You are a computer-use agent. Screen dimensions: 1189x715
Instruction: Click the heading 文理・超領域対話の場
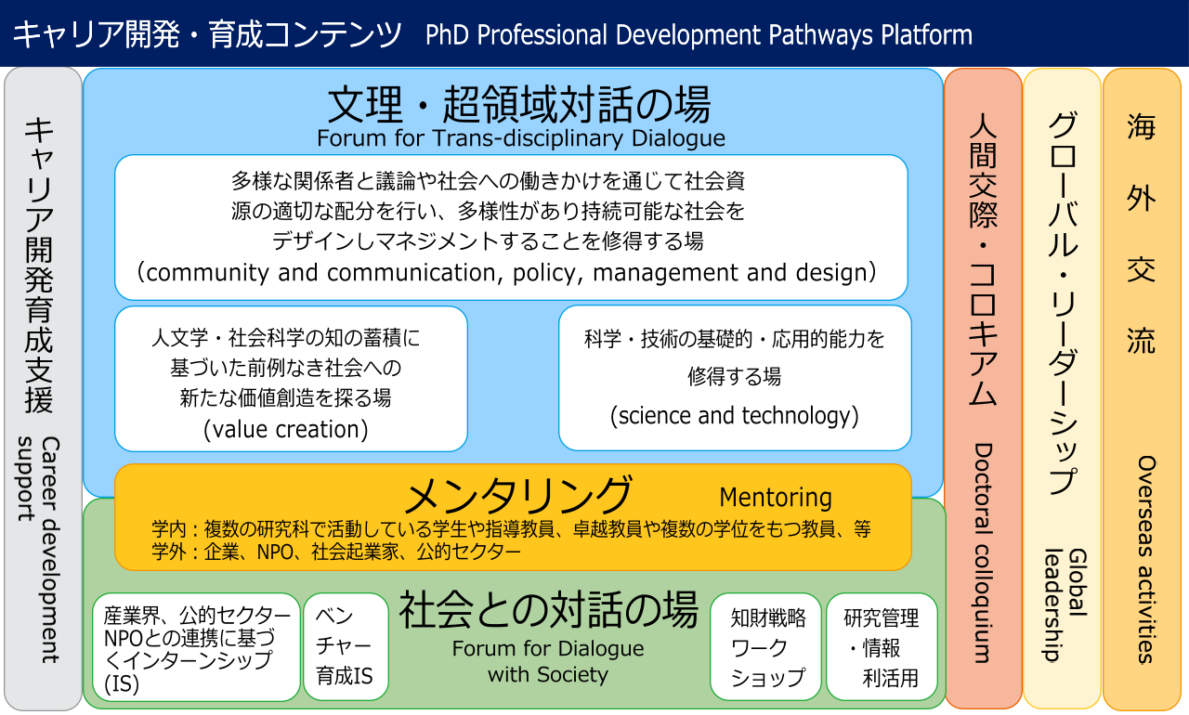[519, 105]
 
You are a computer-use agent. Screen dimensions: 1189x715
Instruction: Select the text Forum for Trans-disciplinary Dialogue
[521, 138]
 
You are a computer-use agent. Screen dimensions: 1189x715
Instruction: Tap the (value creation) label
[285, 429]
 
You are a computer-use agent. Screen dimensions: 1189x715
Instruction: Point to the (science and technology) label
[734, 415]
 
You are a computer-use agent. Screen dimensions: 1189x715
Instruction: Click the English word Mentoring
[776, 498]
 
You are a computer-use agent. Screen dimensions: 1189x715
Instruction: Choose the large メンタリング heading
[518, 495]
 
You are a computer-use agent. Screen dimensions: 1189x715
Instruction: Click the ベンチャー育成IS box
[346, 646]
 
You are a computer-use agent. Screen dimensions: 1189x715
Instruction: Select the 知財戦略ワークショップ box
[766, 646]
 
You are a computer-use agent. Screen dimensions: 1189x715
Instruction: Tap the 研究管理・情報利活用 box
[882, 646]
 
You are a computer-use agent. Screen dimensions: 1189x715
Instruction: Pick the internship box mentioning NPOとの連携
[196, 647]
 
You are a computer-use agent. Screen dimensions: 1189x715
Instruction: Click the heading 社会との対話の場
[548, 610]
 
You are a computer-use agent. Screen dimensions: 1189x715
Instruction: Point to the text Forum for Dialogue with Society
[548, 661]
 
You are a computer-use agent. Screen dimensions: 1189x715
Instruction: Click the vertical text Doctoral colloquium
[983, 553]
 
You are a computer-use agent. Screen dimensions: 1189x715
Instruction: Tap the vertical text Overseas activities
[1146, 559]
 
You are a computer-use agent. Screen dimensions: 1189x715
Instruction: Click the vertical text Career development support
[39, 550]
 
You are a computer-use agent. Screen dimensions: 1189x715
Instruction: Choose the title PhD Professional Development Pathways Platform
[699, 35]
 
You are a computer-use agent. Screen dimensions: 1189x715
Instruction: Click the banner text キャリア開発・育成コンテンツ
[207, 35]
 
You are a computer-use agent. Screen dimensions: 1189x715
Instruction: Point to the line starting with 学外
[336, 552]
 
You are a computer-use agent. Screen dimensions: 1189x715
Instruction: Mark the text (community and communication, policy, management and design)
[506, 273]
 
